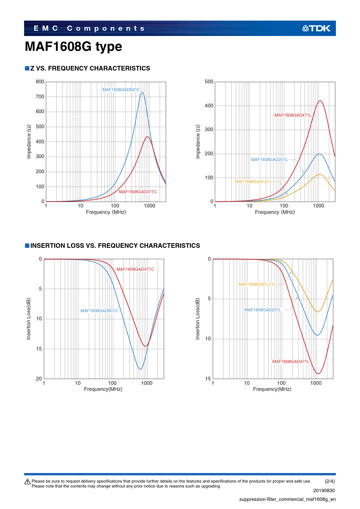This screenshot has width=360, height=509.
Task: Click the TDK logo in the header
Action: click(x=316, y=28)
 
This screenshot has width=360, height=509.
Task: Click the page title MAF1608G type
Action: click(x=73, y=46)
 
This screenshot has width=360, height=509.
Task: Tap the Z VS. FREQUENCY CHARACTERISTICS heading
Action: click(x=90, y=68)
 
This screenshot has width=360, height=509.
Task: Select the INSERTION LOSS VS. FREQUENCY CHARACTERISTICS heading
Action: click(x=115, y=246)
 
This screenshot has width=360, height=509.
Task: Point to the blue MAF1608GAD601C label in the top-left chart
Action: click(x=121, y=90)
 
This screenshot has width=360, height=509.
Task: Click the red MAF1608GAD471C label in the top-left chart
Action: click(x=138, y=192)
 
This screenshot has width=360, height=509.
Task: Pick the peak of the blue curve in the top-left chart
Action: click(x=142, y=93)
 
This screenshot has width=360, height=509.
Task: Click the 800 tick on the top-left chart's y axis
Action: click(x=40, y=82)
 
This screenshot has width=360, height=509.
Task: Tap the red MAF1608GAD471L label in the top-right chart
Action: click(x=293, y=115)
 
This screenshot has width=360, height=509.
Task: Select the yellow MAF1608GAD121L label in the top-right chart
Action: click(x=253, y=182)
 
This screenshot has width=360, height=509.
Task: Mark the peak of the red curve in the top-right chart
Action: click(x=320, y=101)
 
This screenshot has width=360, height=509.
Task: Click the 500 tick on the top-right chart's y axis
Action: click(x=209, y=82)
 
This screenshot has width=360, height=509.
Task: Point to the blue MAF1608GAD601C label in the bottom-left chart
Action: click(x=99, y=311)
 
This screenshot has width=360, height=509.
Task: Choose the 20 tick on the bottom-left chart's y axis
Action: click(x=39, y=379)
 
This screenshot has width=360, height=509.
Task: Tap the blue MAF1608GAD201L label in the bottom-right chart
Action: click(x=263, y=310)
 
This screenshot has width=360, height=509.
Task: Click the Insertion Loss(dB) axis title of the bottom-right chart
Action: click(x=198, y=319)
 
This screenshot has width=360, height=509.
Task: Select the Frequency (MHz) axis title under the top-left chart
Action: click(x=106, y=212)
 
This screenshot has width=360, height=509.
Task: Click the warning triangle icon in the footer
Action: click(x=28, y=482)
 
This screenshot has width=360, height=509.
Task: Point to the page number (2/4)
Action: click(x=330, y=481)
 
